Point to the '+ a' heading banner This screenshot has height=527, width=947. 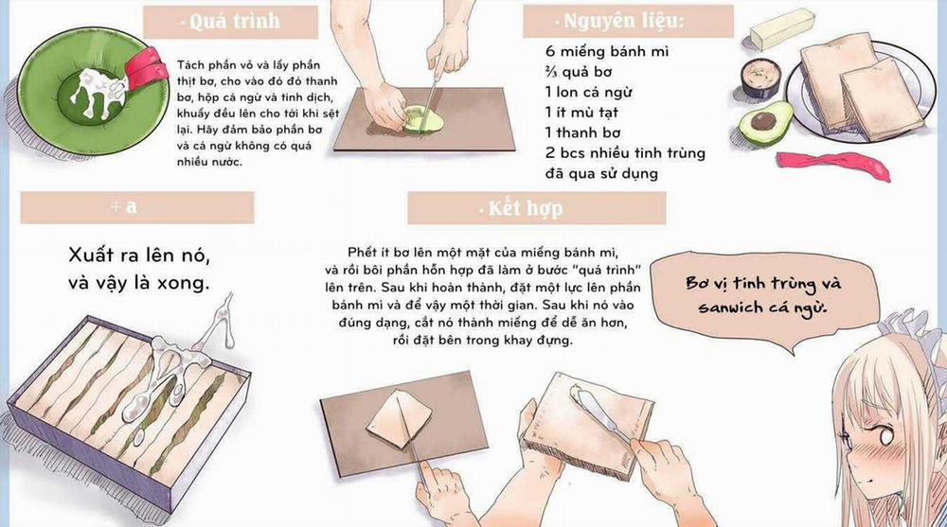(x=136, y=207)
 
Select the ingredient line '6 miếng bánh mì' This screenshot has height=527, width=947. (x=606, y=51)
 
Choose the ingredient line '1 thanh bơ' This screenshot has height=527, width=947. (x=591, y=133)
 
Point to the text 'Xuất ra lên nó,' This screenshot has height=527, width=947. (x=138, y=255)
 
